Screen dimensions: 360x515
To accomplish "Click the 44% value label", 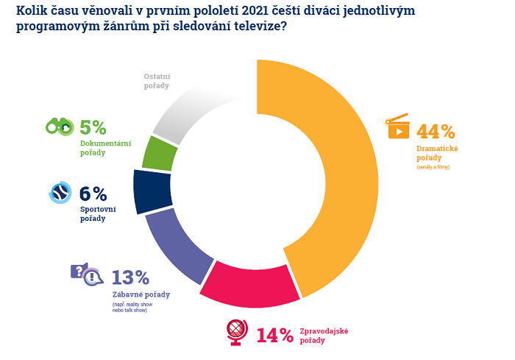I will pyautogui.click(x=436, y=133).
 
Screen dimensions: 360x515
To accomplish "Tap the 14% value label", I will pyautogui.click(x=274, y=336).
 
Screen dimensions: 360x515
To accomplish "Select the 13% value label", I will pyautogui.click(x=130, y=278).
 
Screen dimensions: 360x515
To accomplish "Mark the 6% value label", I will pyautogui.click(x=93, y=194).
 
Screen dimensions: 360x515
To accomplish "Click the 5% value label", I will pyautogui.click(x=93, y=127).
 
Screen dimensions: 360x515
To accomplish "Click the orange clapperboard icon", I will pyautogui.click(x=397, y=127).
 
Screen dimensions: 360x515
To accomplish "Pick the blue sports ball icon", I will pyautogui.click(x=60, y=193).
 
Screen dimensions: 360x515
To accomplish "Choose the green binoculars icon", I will pyautogui.click(x=58, y=127).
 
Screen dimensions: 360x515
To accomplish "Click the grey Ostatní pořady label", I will pyautogui.click(x=155, y=82).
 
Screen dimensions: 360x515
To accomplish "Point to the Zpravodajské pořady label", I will pyautogui.click(x=323, y=336).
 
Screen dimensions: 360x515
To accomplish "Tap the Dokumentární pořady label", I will pyautogui.click(x=105, y=148).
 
